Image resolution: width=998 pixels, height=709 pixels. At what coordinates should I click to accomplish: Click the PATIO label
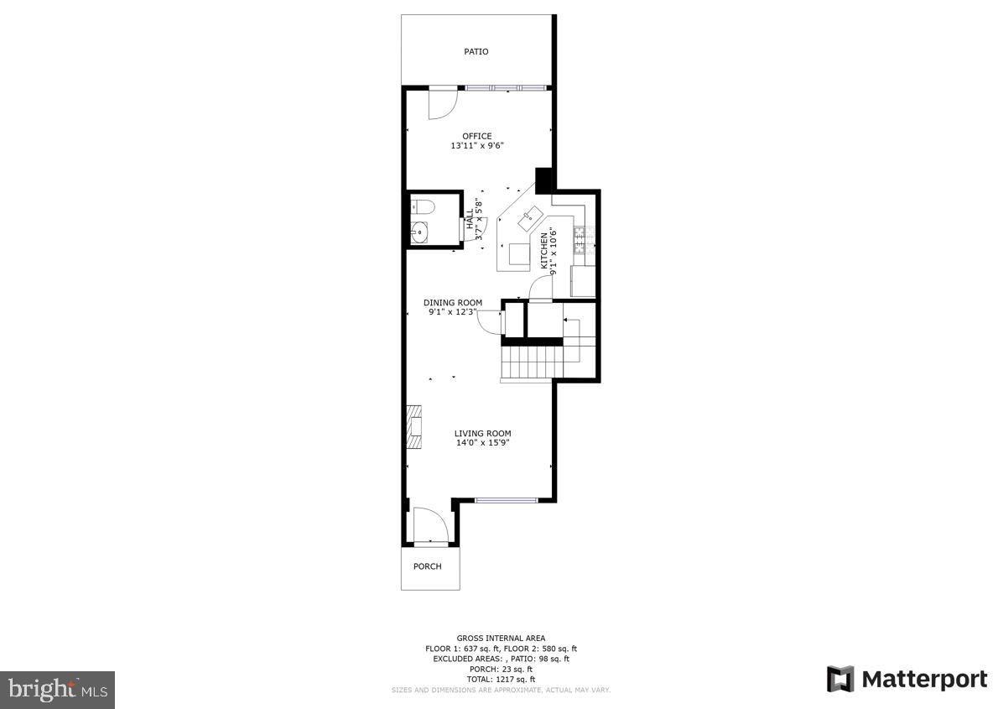(x=476, y=52)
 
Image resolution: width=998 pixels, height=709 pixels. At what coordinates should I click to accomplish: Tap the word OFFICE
(x=476, y=136)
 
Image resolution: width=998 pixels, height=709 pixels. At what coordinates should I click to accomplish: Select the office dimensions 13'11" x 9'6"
(x=476, y=146)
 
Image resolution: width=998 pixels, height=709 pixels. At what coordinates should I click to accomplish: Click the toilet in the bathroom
(x=421, y=206)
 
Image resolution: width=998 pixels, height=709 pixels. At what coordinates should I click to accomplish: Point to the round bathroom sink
(x=419, y=232)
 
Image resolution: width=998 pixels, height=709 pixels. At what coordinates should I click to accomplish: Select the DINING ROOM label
(x=453, y=303)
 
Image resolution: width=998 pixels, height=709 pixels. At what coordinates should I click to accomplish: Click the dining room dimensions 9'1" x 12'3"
(x=453, y=312)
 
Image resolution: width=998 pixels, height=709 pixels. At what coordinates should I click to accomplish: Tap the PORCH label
(x=427, y=566)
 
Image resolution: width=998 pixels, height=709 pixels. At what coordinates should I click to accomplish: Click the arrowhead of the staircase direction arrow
(x=565, y=320)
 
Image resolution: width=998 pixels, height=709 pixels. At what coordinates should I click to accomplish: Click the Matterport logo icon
(x=839, y=679)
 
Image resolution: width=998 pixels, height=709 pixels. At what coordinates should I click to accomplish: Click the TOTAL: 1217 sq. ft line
(x=500, y=679)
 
